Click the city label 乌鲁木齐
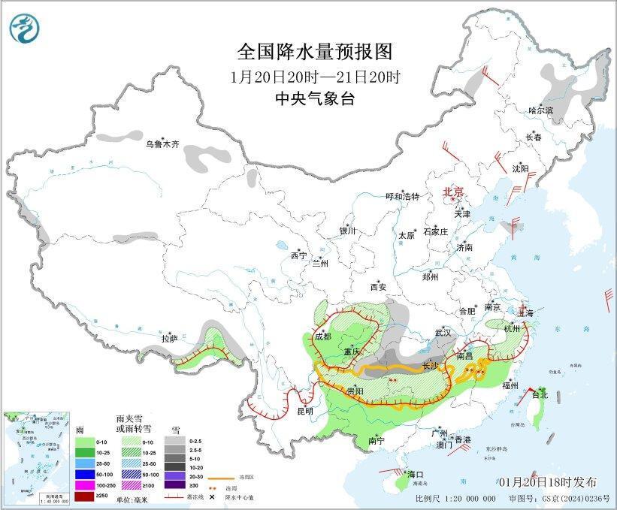[162, 143]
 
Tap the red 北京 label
[455, 192]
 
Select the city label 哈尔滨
[540, 110]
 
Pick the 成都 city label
[322, 336]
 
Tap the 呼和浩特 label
[402, 196]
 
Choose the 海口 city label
[416, 475]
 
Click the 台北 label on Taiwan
[540, 394]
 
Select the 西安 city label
[378, 287]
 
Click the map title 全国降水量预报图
[315, 51]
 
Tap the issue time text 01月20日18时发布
[546, 481]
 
